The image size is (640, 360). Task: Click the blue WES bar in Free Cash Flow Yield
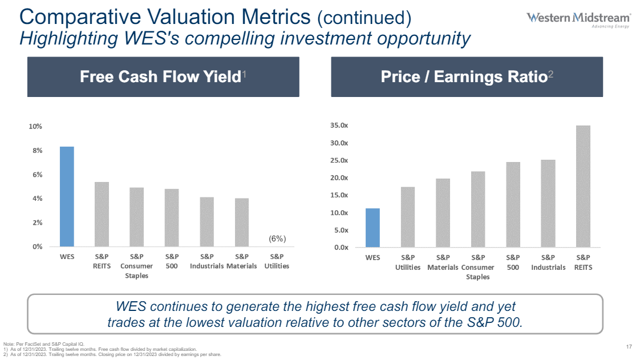[x=67, y=197]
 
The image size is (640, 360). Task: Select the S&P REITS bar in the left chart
[x=102, y=215]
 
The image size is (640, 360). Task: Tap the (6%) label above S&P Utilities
[x=277, y=238]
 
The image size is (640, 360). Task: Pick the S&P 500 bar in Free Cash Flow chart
[x=172, y=218]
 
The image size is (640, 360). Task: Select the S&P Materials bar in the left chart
[x=241, y=223]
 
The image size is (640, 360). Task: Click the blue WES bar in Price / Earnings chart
[x=372, y=228]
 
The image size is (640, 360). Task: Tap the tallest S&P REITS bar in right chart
[x=583, y=187]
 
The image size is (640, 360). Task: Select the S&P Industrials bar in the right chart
[x=548, y=204]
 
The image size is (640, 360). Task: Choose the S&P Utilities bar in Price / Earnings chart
[x=407, y=217]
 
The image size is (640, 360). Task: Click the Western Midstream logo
[x=578, y=19]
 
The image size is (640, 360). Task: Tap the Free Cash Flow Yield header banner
[x=163, y=77]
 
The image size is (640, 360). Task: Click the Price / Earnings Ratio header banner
[x=467, y=77]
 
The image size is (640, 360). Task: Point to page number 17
[x=629, y=347]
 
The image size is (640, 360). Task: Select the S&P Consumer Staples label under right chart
[x=478, y=267]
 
